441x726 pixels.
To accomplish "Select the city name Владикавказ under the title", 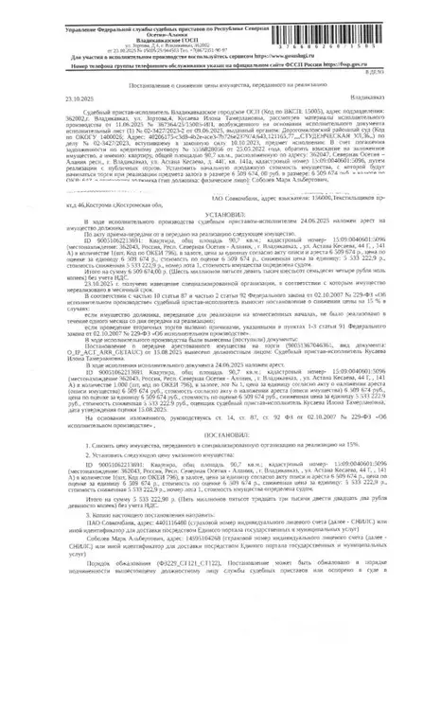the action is [400, 97].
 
